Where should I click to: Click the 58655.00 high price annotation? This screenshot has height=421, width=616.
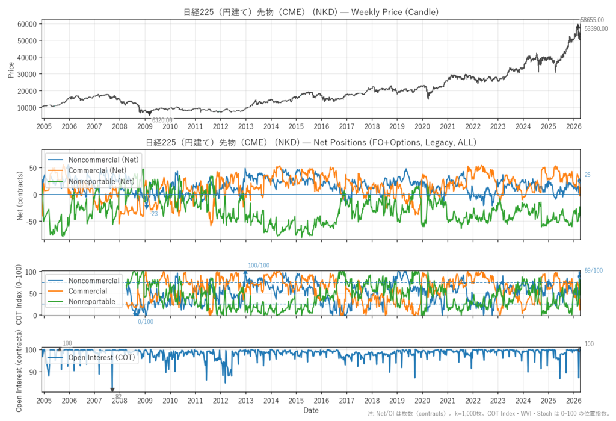pos(592,20)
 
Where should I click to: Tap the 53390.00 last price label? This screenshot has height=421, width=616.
pos(596,28)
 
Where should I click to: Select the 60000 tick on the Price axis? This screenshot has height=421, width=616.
pos(28,24)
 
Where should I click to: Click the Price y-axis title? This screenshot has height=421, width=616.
pos(11,69)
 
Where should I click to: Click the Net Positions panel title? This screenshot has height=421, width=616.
pos(310,143)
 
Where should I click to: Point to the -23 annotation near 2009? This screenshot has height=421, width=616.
pos(153,214)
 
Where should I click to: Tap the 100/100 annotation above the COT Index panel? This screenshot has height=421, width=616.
pos(259,266)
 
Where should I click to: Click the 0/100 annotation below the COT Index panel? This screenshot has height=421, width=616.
pos(146,322)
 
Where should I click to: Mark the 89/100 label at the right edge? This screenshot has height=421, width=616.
pos(593,270)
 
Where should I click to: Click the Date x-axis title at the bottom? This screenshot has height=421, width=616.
pos(311,410)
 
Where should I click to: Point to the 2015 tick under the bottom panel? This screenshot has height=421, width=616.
pos(295,400)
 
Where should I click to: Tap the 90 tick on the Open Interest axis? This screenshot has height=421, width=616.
pos(33,372)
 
